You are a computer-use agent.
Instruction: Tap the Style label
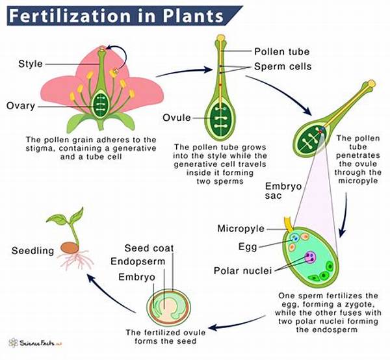pos(31,64)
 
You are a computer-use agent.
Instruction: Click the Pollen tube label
pos(281,50)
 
